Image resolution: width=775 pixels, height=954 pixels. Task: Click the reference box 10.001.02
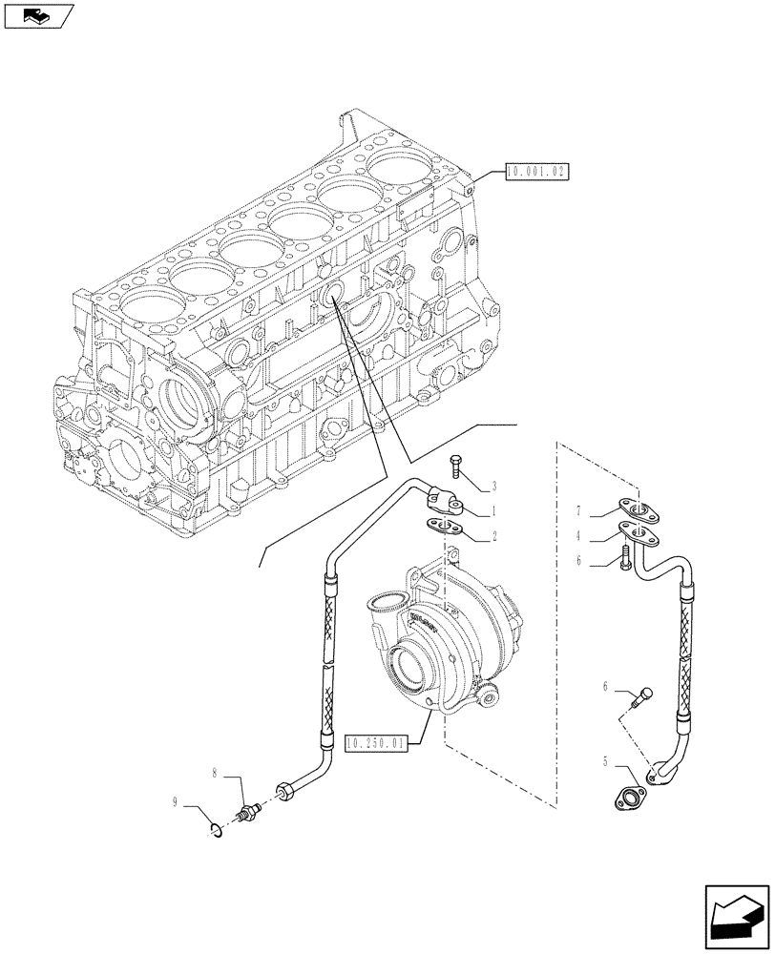click(x=535, y=173)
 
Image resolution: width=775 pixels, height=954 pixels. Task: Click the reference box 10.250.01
click(x=376, y=742)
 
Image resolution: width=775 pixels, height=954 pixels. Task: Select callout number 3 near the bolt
click(x=495, y=486)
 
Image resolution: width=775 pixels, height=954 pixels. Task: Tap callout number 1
click(x=495, y=511)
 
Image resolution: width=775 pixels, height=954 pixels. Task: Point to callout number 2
click(x=495, y=537)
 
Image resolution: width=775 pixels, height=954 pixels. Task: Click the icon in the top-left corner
click(x=37, y=15)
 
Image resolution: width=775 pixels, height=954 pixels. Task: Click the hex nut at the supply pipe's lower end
click(x=285, y=792)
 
